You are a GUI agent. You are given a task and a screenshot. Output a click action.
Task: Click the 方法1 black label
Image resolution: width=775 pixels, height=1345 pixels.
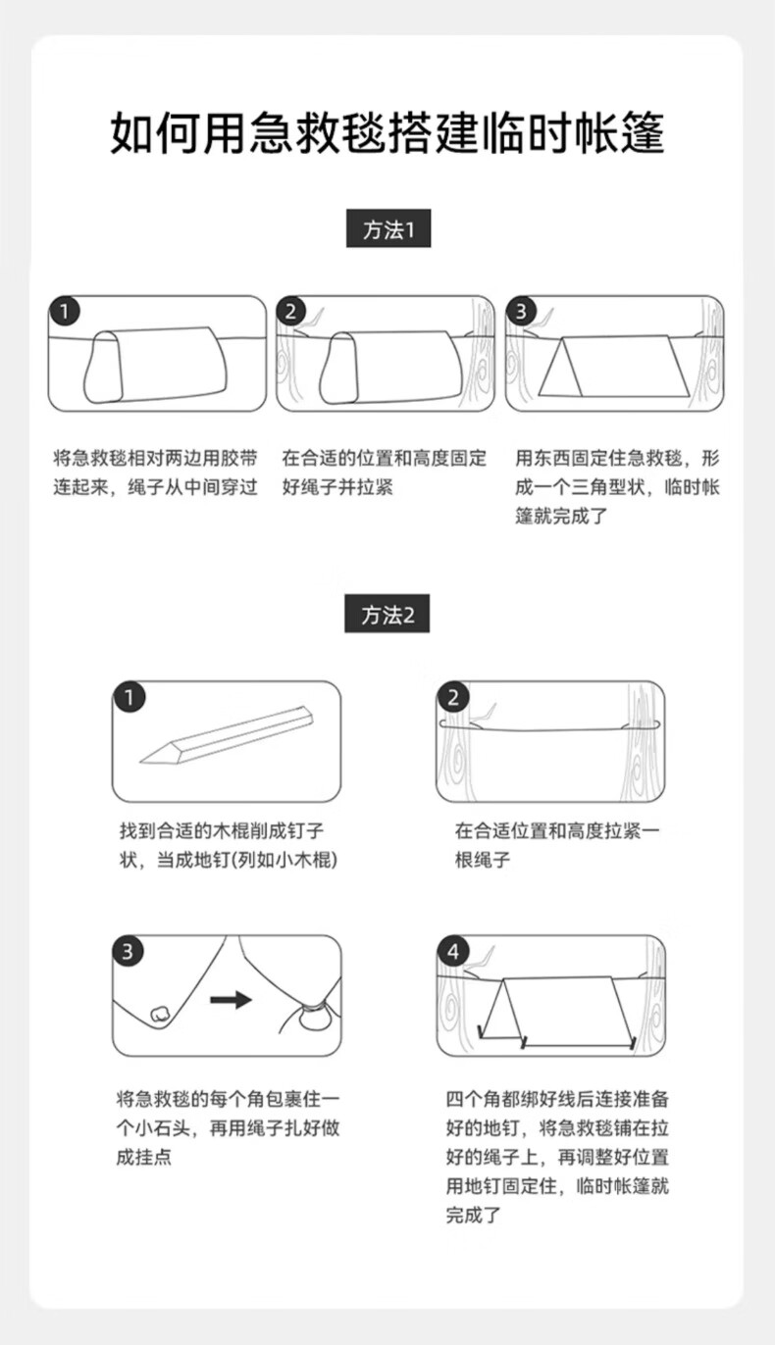[x=388, y=228]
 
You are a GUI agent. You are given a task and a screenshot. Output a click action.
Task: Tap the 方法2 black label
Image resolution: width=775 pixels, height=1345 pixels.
[x=387, y=615]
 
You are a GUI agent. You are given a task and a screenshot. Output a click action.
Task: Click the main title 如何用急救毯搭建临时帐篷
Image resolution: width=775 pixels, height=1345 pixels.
[x=387, y=133]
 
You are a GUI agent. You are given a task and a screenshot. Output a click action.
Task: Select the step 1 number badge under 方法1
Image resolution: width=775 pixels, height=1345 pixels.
[x=65, y=312]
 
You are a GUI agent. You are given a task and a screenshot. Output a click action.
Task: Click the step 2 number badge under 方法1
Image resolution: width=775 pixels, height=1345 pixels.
[x=291, y=312]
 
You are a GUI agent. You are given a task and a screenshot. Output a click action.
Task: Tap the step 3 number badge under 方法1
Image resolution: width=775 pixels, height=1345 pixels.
[x=521, y=312]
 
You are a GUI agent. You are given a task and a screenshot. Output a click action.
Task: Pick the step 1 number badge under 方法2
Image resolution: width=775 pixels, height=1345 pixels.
[x=129, y=697]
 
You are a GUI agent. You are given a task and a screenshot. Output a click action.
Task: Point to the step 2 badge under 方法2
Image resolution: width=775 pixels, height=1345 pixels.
[x=453, y=697]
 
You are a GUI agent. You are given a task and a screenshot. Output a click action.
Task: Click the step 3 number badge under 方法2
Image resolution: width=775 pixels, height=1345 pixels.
[x=128, y=952]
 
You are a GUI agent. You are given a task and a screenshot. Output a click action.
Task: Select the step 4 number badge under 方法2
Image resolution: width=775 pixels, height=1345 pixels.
[x=453, y=952]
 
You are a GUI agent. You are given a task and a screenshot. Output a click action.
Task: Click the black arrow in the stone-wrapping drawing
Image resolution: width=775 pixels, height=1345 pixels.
[x=231, y=1000]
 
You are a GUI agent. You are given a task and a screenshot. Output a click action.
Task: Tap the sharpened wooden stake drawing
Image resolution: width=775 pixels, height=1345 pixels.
[x=227, y=735]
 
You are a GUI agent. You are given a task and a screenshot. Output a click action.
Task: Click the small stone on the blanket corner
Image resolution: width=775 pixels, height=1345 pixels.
[x=161, y=1013]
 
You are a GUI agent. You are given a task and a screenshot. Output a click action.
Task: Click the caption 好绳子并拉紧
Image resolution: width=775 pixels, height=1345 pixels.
[x=337, y=486]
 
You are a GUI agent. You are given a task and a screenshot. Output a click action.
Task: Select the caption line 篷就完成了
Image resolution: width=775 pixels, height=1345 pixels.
[x=562, y=516]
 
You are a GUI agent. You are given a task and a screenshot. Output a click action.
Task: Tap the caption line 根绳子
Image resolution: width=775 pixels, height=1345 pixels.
[x=483, y=859]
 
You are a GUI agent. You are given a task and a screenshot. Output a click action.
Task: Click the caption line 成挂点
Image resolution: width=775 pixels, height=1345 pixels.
[x=144, y=1157]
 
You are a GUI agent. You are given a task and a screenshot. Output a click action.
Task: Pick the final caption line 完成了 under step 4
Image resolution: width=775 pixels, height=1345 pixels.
[x=474, y=1216]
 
